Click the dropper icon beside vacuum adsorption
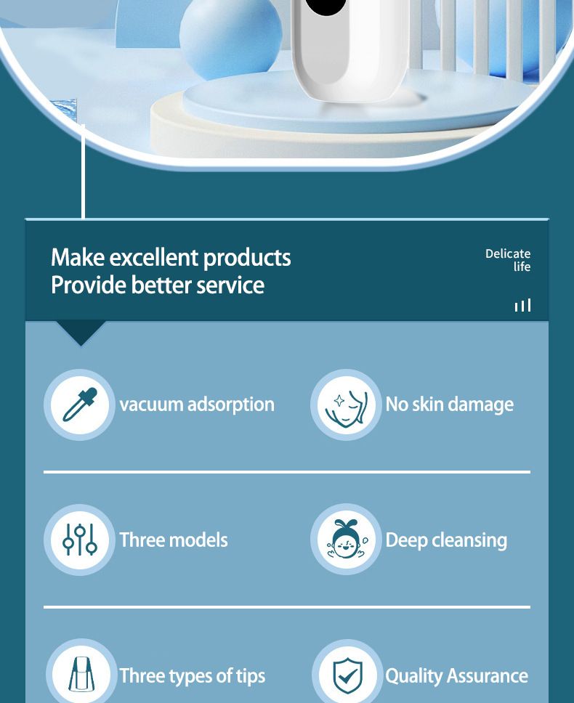[80, 405]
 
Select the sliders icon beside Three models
[80, 540]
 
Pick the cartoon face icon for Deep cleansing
[346, 539]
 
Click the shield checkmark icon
[347, 675]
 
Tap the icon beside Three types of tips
[80, 675]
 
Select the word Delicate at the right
[508, 253]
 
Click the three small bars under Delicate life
[523, 305]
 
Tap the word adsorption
[230, 405]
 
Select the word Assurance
[488, 675]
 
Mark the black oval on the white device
[326, 6]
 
